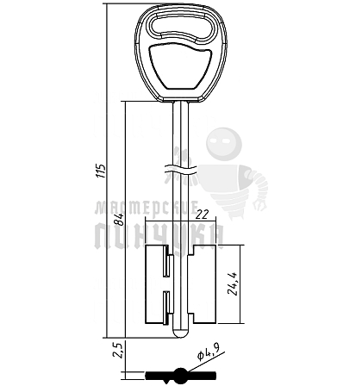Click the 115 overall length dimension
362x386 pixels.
coord(101,171)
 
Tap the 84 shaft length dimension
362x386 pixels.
coord(118,219)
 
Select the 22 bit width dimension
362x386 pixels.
coord(202,215)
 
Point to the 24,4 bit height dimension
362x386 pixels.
coord(233,283)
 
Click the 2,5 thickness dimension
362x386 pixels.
coord(119,351)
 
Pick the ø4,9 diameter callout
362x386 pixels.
coord(209,352)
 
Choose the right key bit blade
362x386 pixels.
coord(202,283)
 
